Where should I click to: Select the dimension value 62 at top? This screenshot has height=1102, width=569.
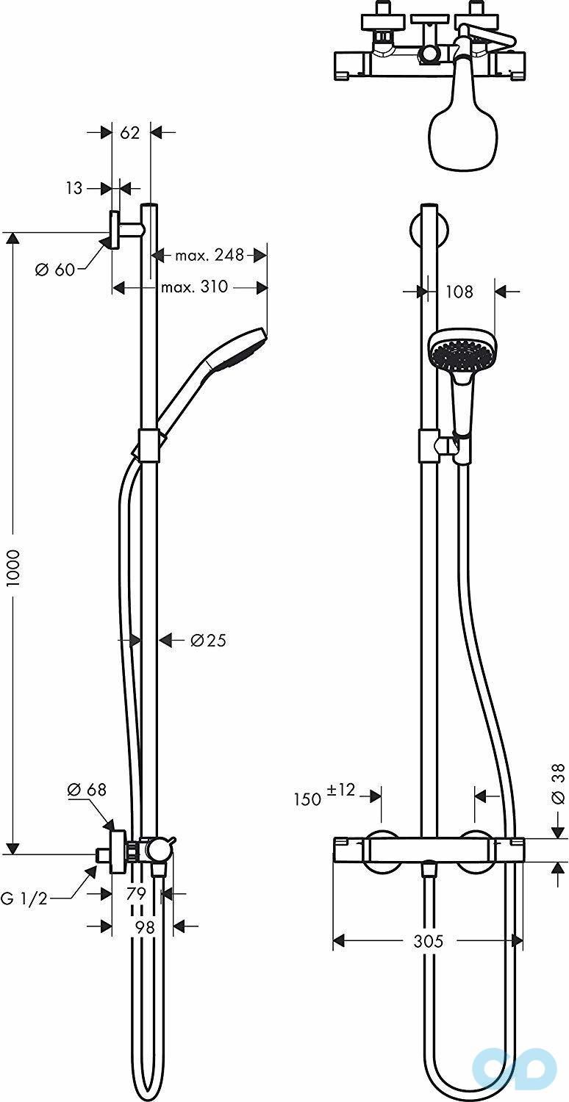(130, 133)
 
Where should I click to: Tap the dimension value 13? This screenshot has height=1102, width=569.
(74, 189)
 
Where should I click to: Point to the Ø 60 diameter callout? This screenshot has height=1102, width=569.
(55, 270)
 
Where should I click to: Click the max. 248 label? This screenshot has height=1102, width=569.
(209, 256)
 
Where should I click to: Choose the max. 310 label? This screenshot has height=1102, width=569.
(194, 287)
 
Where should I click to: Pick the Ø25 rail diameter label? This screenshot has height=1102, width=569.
(208, 641)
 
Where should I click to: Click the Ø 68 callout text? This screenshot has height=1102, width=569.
(87, 790)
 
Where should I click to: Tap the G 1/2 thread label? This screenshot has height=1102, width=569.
(24, 898)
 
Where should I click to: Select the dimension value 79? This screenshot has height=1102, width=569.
(137, 894)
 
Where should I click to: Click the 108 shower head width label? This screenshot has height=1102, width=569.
(459, 292)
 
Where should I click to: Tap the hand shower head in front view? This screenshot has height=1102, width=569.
(461, 351)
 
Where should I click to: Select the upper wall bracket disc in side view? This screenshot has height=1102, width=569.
(115, 231)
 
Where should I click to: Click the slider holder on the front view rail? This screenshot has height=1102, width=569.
(430, 445)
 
